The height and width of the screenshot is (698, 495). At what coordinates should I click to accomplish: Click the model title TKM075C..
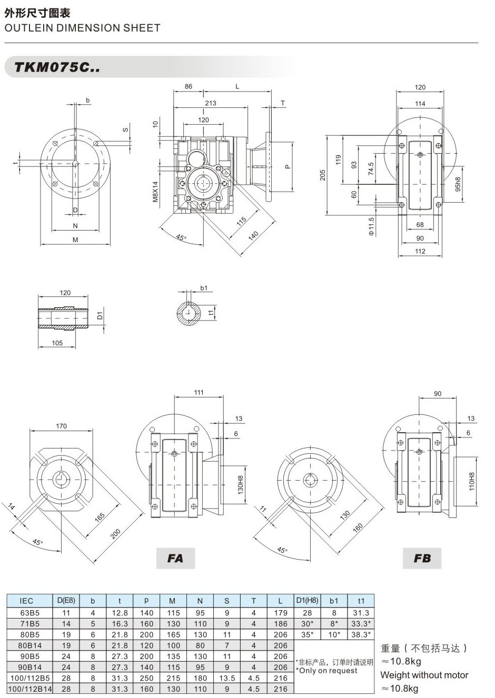[57, 67]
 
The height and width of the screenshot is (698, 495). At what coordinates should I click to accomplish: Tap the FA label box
[175, 558]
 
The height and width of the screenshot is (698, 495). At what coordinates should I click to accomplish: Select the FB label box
[422, 558]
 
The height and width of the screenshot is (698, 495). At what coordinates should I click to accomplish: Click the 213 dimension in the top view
[210, 103]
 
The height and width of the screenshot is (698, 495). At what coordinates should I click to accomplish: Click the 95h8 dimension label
[458, 183]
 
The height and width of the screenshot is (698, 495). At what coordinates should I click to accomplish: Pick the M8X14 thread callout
[155, 192]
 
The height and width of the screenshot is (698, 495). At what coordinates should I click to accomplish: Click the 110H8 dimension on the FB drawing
[472, 481]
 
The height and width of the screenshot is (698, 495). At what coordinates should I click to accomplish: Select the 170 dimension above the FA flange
[62, 426]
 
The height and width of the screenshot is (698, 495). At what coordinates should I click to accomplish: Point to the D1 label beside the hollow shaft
[99, 316]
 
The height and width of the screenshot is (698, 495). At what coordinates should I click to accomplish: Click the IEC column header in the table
[26, 601]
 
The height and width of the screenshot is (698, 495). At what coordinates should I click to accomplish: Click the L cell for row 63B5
[281, 613]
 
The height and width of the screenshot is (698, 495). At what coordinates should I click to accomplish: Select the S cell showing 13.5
[226, 678]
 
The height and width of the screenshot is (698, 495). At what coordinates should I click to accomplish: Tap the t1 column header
[361, 601]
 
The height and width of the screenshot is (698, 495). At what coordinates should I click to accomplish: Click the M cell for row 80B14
[173, 645]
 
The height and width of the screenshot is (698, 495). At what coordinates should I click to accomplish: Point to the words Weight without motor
[424, 675]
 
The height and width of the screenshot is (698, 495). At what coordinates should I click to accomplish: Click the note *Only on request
[326, 671]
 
